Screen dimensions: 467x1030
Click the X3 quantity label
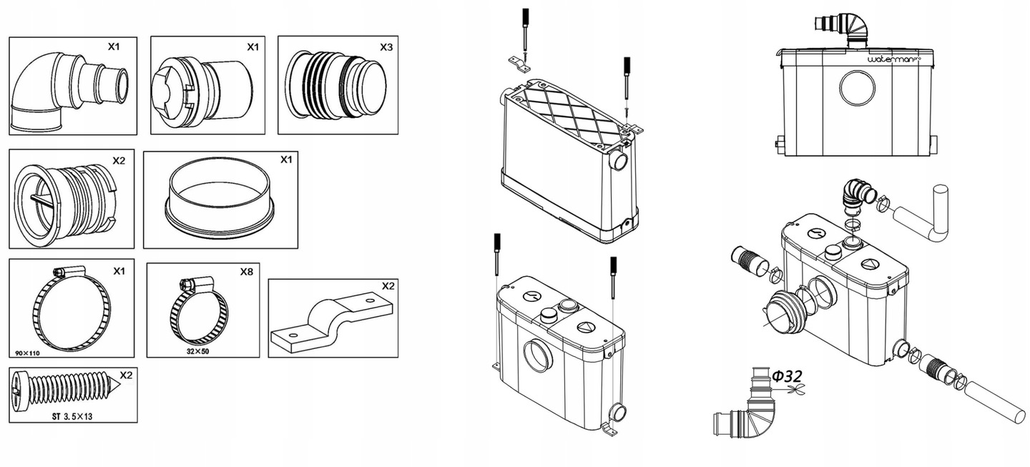click(386, 46)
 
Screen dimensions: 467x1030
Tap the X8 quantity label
click(245, 272)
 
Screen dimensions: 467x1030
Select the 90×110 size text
click(26, 353)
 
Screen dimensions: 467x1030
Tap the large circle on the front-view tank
click(857, 89)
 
